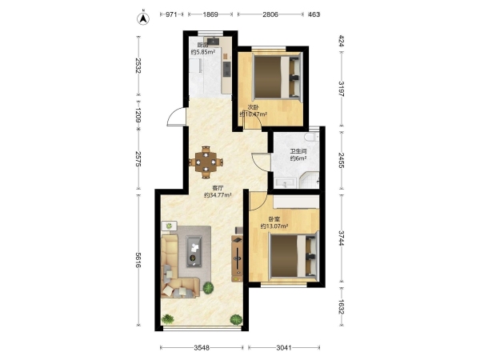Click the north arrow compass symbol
(x=142, y=18)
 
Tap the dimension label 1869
(x=210, y=14)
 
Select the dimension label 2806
(x=270, y=14)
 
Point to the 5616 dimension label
(x=138, y=260)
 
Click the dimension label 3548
(x=202, y=347)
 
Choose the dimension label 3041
(x=284, y=347)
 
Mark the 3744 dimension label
(x=342, y=238)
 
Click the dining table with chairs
(x=206, y=162)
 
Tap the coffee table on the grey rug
(x=194, y=251)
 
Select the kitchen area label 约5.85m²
(x=202, y=52)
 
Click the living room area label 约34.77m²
(x=218, y=195)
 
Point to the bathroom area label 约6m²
(x=298, y=158)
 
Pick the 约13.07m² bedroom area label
(x=274, y=226)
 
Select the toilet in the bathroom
(x=312, y=137)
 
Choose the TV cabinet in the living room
(x=238, y=258)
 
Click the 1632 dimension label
(x=342, y=306)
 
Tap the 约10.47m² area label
(x=253, y=114)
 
